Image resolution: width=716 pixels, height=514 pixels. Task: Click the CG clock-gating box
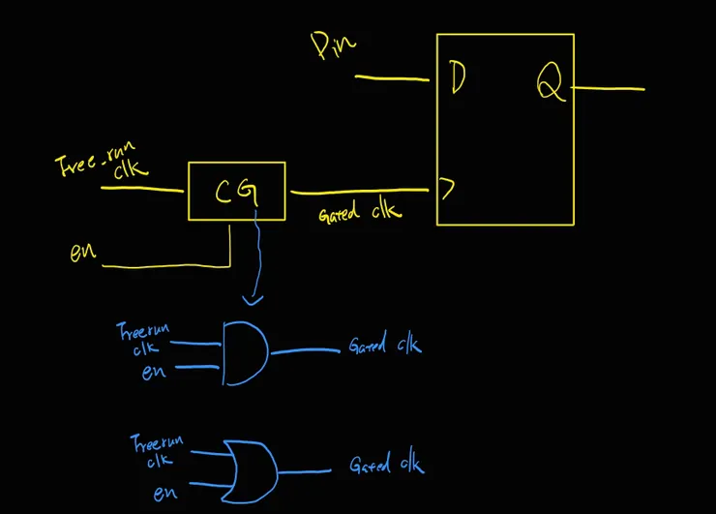click(235, 192)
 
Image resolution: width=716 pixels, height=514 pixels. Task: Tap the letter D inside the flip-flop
click(458, 79)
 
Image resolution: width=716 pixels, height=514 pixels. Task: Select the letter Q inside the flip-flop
click(550, 86)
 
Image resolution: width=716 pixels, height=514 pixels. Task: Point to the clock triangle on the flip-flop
click(446, 189)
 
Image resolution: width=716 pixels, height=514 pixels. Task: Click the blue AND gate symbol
click(244, 352)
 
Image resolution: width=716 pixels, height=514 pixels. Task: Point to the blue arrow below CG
click(255, 261)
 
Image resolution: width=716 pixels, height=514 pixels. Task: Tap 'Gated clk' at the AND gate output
click(384, 346)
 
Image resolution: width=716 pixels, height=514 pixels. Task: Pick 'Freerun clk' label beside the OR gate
click(155, 452)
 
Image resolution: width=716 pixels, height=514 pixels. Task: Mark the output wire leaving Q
click(609, 89)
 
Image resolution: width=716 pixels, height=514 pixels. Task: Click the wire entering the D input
click(392, 77)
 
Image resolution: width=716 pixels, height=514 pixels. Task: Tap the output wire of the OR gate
click(305, 471)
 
